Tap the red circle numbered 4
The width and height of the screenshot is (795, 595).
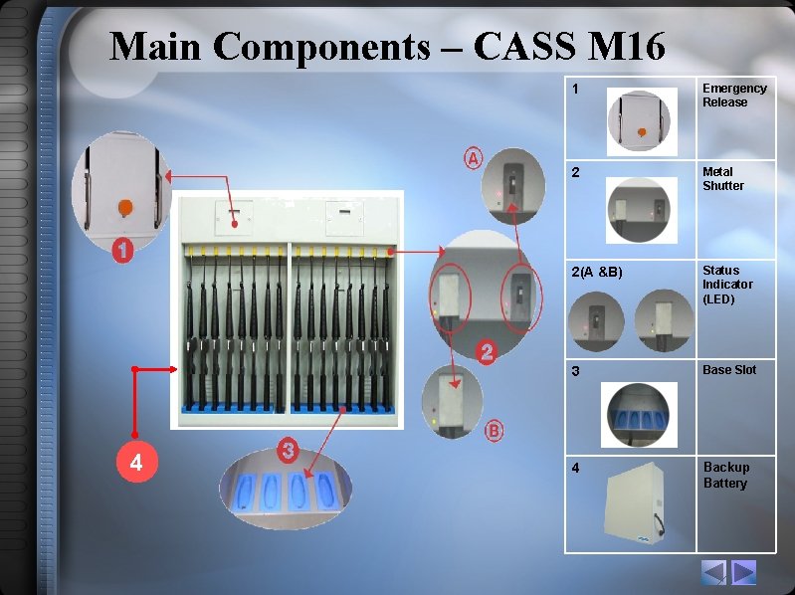point(136,463)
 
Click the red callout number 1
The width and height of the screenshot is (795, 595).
point(122,252)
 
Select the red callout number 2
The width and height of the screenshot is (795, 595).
point(487,351)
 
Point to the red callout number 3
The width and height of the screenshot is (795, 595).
point(288,451)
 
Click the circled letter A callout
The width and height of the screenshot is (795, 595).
point(474,157)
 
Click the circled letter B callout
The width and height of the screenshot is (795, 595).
point(495,431)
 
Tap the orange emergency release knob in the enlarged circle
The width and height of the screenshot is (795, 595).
point(125,207)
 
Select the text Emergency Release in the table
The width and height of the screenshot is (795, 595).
point(734,96)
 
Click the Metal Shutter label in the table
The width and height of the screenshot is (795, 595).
point(723,179)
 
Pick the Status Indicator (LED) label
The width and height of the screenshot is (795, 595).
point(727,285)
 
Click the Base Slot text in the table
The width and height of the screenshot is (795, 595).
point(729,370)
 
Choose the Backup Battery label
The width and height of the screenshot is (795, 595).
point(726,476)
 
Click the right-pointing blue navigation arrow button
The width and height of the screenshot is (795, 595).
point(744,572)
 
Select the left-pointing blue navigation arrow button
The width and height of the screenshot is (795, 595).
point(714,572)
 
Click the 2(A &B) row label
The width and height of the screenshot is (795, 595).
point(597,272)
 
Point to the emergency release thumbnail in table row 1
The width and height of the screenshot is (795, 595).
point(641,121)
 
